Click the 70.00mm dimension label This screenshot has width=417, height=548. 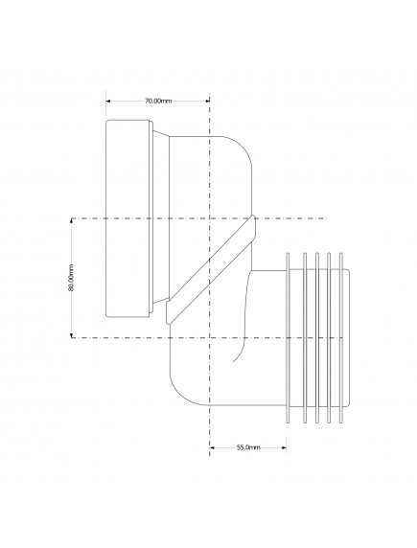(x=158, y=101)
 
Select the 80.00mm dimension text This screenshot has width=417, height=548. (x=71, y=278)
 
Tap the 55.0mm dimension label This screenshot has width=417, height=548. (x=248, y=447)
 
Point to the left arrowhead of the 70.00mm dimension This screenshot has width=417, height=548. (x=108, y=101)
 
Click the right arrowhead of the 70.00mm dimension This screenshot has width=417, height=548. (x=207, y=101)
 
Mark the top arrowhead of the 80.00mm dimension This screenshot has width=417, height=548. (x=72, y=221)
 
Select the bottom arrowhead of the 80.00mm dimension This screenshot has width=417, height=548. (x=72, y=335)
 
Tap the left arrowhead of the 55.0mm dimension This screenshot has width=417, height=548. (x=212, y=447)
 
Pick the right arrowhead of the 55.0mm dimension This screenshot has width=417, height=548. (x=284, y=447)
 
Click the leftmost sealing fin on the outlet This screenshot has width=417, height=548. (x=288, y=337)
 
